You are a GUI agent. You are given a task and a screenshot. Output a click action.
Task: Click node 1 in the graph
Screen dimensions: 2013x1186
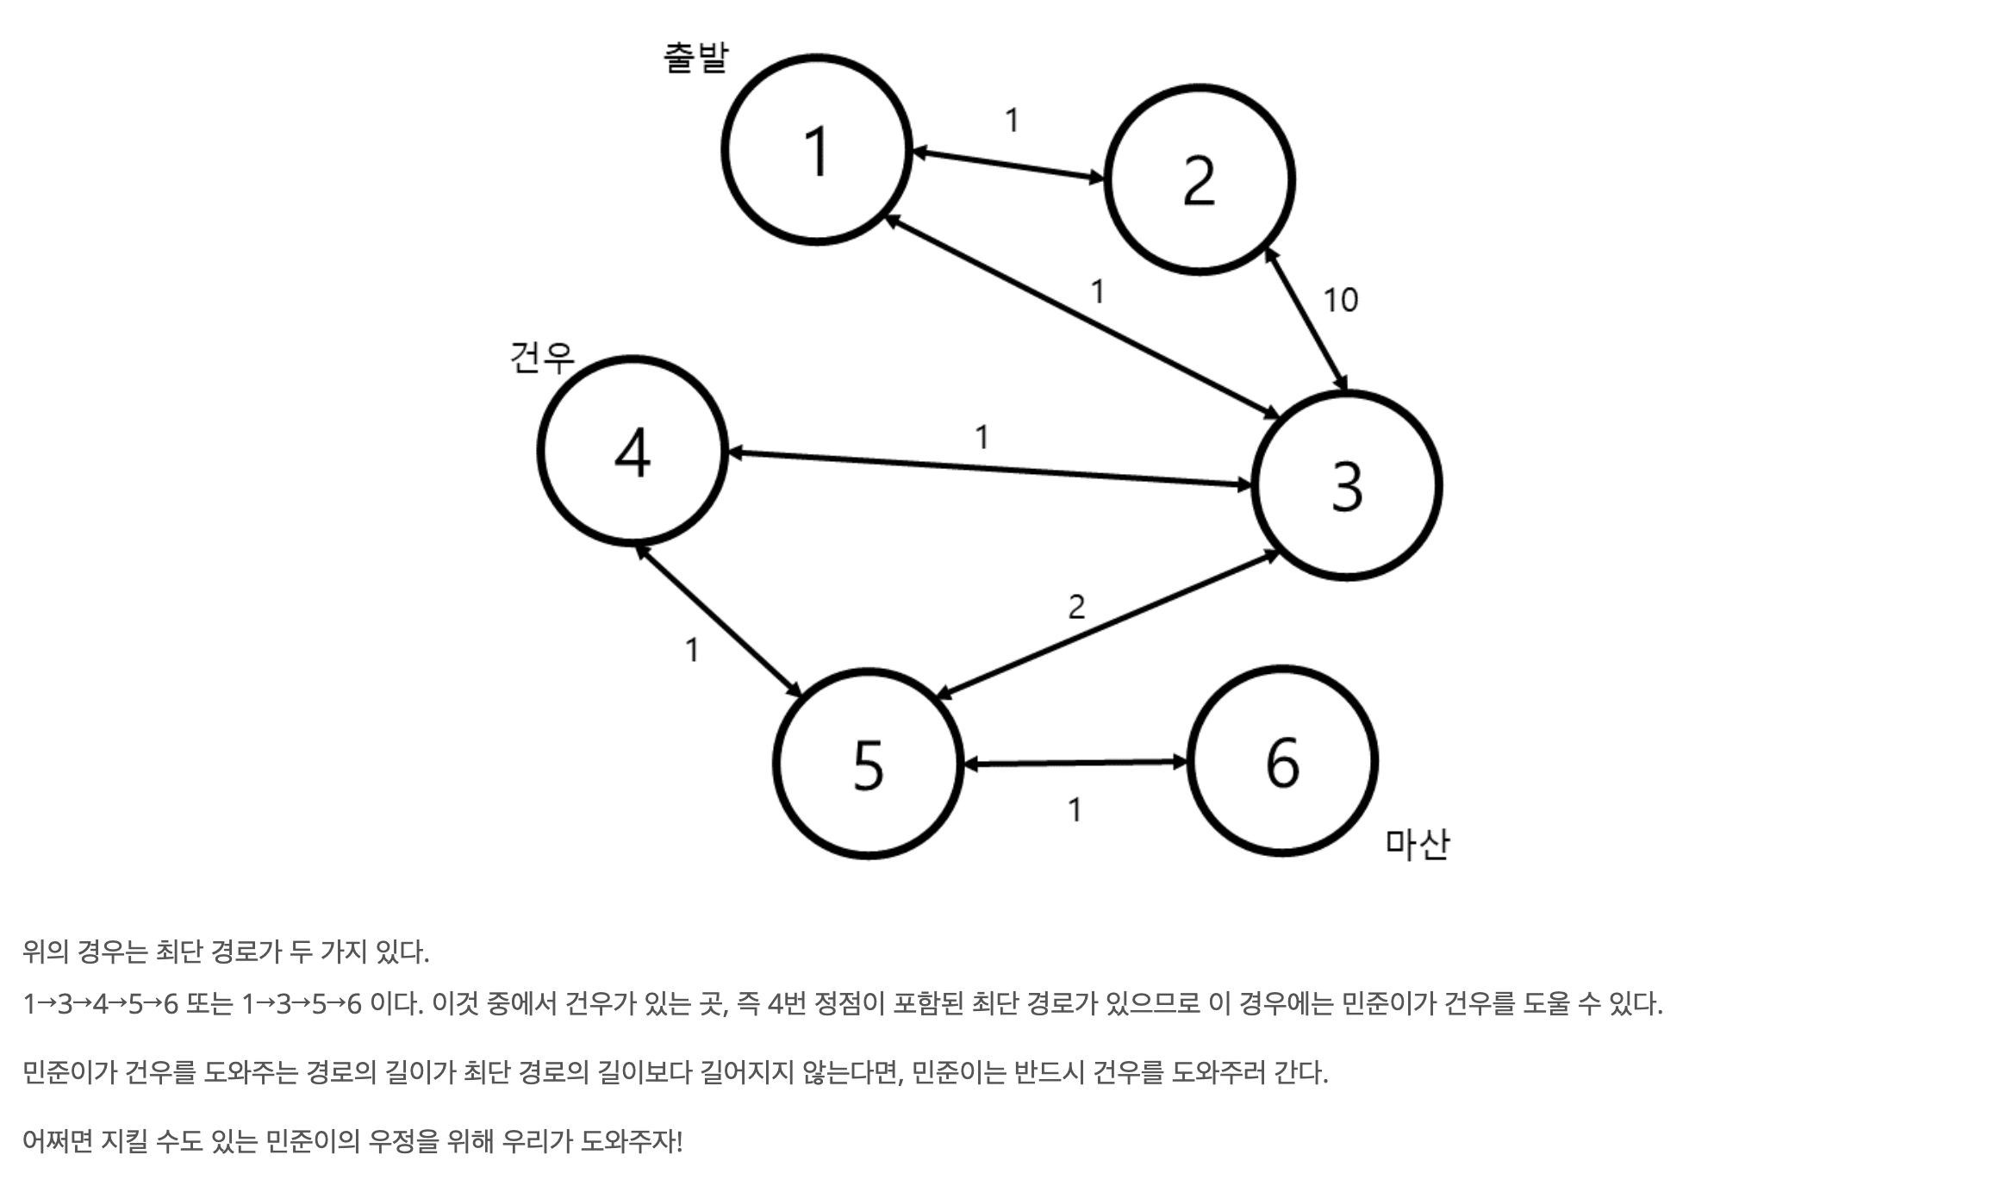coord(816,151)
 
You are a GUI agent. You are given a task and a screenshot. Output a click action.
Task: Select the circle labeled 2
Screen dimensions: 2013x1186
coord(1200,181)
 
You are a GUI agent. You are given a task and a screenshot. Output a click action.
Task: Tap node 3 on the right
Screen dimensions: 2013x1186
coord(1347,486)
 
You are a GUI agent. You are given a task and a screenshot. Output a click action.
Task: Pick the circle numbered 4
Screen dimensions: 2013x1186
coord(633,452)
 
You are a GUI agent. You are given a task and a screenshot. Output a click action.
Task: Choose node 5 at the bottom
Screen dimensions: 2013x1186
coord(868,764)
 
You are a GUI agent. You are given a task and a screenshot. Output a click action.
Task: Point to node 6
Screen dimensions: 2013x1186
coord(1282,762)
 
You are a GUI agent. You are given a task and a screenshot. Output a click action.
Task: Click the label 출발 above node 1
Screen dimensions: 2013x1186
coord(695,58)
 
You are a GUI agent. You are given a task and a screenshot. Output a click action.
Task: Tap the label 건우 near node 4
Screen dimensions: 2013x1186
coord(541,357)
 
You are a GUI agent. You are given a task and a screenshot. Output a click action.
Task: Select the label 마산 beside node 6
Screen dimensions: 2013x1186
coord(1418,844)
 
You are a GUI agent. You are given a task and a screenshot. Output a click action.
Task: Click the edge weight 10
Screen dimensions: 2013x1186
coord(1340,300)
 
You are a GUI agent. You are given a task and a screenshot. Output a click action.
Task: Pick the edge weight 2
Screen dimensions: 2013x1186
coord(1076,608)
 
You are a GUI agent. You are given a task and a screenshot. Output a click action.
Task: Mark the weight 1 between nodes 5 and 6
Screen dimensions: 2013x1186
coord(1075,810)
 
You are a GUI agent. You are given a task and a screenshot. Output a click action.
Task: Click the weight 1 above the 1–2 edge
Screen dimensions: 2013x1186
coord(1013,121)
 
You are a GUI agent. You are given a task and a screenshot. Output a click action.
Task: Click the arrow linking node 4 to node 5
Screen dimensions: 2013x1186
coord(719,621)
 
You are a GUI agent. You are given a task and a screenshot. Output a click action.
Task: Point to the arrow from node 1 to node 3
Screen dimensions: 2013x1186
coord(1081,317)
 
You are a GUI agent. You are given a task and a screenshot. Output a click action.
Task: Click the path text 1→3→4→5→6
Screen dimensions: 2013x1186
coord(100,1004)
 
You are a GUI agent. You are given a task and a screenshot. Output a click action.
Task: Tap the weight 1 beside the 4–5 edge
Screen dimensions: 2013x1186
coord(692,650)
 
